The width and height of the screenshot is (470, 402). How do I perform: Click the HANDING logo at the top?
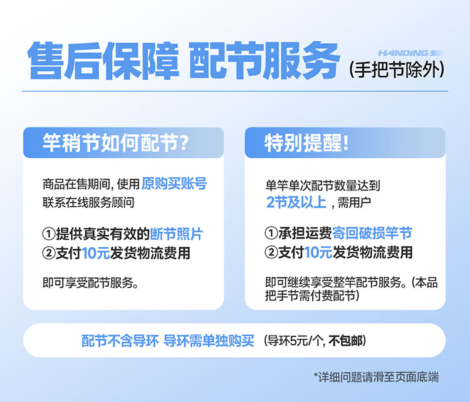pyautogui.click(x=409, y=53)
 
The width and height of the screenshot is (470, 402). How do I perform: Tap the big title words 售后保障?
pyautogui.click(x=103, y=61)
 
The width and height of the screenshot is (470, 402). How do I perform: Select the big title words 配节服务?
pyautogui.click(x=264, y=61)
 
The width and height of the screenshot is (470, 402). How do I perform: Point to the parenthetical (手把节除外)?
pyautogui.click(x=397, y=70)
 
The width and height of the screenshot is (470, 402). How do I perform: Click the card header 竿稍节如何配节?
pyautogui.click(x=116, y=143)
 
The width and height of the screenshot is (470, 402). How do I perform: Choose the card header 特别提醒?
pyautogui.click(x=306, y=143)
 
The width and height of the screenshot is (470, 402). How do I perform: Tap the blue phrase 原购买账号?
pyautogui.click(x=174, y=183)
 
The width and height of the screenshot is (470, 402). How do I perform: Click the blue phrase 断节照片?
pyautogui.click(x=176, y=234)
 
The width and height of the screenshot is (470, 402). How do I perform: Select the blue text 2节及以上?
pyautogui.click(x=296, y=202)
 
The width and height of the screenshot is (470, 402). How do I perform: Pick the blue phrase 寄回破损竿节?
pyautogui.click(x=372, y=233)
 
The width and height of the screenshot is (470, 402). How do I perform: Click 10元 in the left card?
pyautogui.click(x=96, y=253)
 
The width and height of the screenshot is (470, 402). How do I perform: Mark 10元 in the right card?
pyautogui.click(x=318, y=252)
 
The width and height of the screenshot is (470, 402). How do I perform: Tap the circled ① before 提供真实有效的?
pyautogui.click(x=48, y=234)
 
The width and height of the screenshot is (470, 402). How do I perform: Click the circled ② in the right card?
pyautogui.click(x=271, y=252)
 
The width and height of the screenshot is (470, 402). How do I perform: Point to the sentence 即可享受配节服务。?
pyautogui.click(x=90, y=282)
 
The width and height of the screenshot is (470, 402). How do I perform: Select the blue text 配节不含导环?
pyautogui.click(x=120, y=341)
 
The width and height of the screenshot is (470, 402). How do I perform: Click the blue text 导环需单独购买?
pyautogui.click(x=209, y=341)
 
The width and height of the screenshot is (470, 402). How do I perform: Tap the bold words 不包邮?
pyautogui.click(x=345, y=341)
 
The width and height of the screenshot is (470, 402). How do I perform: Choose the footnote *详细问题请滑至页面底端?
pyautogui.click(x=376, y=377)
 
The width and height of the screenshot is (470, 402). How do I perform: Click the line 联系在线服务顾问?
pyautogui.click(x=88, y=202)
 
